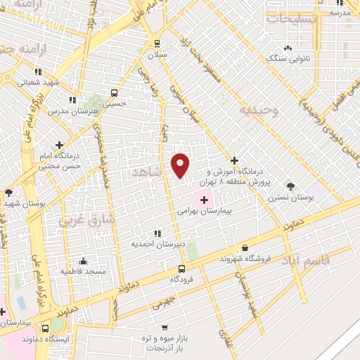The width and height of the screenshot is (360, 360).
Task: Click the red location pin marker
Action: [x=181, y=165]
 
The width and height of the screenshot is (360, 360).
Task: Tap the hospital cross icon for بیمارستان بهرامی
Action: [x=204, y=200]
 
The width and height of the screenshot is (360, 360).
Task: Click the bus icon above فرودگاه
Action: [x=181, y=269]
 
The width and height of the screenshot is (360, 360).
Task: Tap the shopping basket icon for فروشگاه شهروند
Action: [x=245, y=247]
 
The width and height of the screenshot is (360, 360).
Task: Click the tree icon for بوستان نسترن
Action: [x=290, y=186]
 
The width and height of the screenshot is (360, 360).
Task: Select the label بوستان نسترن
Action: [x=289, y=198]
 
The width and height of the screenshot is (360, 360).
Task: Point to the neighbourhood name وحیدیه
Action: [x=257, y=110]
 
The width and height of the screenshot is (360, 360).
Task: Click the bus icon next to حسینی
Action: [x=114, y=92]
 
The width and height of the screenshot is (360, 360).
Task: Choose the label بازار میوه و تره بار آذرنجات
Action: [x=165, y=342]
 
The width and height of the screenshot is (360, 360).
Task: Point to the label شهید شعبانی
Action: [x=38, y=82]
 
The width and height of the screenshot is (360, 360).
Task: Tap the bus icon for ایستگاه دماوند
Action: [x=56, y=328]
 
